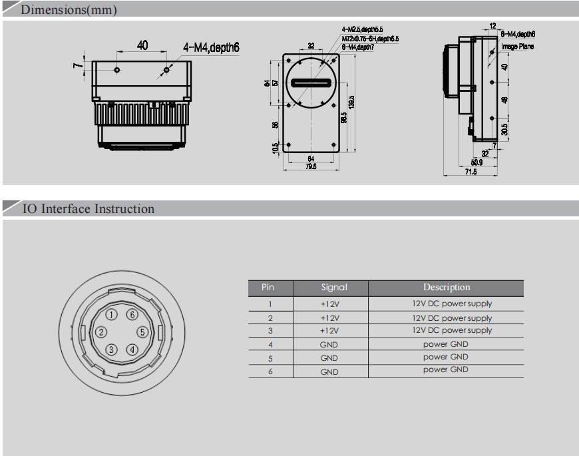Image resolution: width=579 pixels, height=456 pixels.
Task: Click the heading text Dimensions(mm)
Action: (x=69, y=9)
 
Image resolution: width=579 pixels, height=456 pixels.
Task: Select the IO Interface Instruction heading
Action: (x=89, y=209)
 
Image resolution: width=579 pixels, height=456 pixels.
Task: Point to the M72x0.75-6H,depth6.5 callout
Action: (x=369, y=39)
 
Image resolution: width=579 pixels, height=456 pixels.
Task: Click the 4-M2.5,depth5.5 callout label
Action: (x=362, y=30)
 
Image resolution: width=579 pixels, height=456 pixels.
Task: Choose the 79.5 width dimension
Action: (x=311, y=166)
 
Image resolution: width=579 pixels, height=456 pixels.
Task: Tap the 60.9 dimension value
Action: (x=477, y=162)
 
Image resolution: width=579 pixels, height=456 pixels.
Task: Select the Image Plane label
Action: (x=517, y=47)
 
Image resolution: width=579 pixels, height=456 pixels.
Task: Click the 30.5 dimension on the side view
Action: (x=504, y=128)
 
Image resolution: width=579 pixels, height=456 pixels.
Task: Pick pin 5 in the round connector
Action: (x=141, y=332)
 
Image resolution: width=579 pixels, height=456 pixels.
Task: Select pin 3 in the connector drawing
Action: (x=112, y=349)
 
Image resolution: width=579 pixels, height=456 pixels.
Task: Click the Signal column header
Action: (x=334, y=288)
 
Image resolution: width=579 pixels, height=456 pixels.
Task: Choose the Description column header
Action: (x=447, y=288)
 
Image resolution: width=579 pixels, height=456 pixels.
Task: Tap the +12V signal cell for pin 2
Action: (x=329, y=318)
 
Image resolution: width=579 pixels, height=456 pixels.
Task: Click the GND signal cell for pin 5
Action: (x=329, y=358)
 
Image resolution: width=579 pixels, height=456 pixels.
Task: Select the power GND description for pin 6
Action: (x=445, y=370)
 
